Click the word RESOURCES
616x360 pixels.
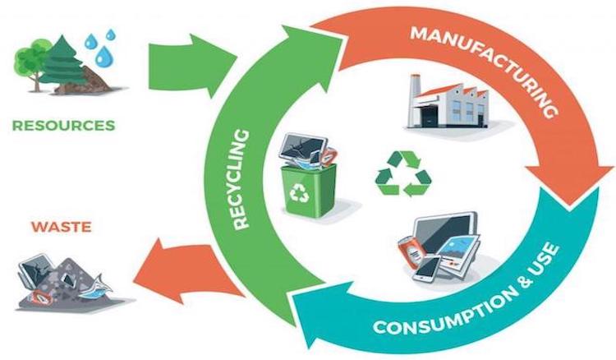point(63,126)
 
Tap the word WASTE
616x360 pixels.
point(62,227)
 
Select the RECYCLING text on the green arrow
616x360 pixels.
point(241,179)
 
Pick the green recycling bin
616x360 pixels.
point(310,189)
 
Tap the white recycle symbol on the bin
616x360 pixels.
point(300,192)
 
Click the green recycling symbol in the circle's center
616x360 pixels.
point(403,173)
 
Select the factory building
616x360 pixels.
point(448,102)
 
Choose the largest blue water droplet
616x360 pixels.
point(104,55)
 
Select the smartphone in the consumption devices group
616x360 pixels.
point(427,269)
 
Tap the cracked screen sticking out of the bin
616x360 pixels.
point(303,148)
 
